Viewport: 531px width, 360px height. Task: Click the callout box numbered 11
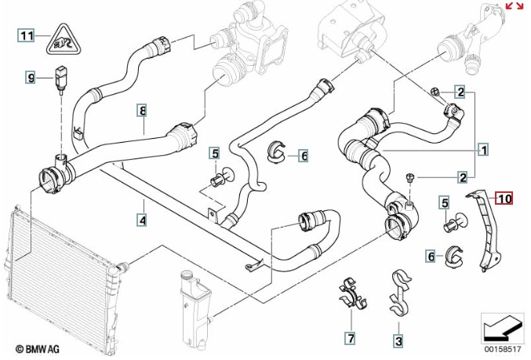pyautogui.click(x=27, y=35)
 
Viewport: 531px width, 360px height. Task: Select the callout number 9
pyautogui.click(x=31, y=77)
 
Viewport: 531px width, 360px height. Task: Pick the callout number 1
pyautogui.click(x=484, y=147)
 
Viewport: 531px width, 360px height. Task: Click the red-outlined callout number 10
pyautogui.click(x=503, y=198)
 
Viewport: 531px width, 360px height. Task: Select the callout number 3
pyautogui.click(x=398, y=340)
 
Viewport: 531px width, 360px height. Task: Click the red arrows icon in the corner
pyautogui.click(x=515, y=6)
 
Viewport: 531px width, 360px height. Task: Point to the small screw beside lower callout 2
pyautogui.click(x=410, y=180)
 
